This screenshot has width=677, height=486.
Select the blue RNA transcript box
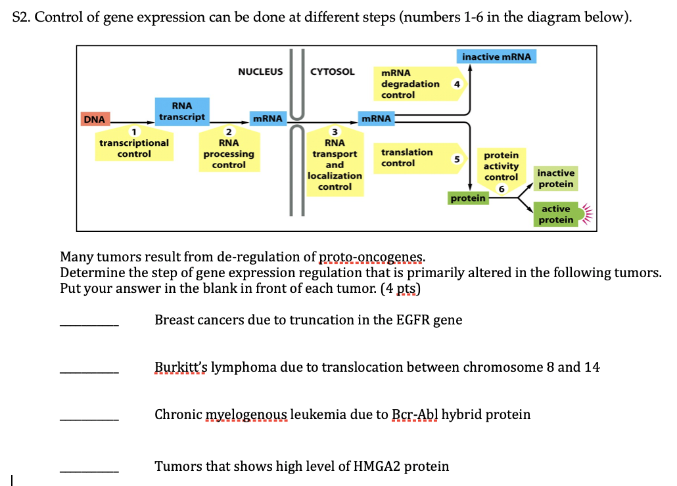(x=182, y=111)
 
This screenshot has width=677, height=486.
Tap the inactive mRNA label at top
(x=496, y=57)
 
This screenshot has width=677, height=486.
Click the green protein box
(x=468, y=198)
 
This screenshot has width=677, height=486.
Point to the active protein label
(x=556, y=214)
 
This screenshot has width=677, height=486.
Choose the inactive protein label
(x=555, y=179)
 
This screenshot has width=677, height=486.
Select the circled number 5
(x=456, y=158)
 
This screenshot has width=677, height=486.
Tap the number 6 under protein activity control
(x=501, y=189)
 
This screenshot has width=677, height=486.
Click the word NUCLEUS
(x=260, y=72)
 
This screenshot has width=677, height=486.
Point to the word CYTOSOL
(x=332, y=72)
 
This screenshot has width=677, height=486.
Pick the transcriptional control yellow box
(x=134, y=148)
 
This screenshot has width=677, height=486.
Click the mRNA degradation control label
(x=409, y=84)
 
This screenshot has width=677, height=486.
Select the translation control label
(x=407, y=158)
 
